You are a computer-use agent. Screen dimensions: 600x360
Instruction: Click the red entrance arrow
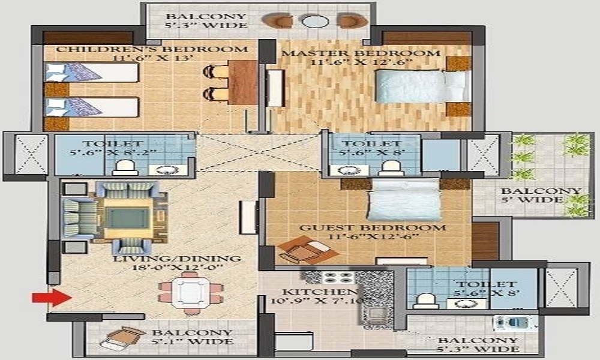point(52,297)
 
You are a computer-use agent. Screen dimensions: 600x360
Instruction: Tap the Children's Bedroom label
point(152,49)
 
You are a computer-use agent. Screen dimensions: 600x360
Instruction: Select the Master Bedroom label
point(361,53)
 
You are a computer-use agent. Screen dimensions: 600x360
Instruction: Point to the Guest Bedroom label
point(373,227)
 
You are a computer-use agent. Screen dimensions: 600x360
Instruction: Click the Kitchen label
point(314,292)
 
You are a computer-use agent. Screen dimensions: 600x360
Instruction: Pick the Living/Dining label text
point(177,259)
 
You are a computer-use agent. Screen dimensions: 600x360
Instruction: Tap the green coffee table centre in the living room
point(127,218)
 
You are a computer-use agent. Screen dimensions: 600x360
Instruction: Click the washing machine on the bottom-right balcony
point(515,323)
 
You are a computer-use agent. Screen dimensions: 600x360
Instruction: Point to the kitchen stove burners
point(338,277)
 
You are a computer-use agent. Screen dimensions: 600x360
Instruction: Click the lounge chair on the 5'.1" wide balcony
point(122,337)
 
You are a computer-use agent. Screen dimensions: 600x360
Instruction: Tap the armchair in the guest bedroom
point(307,250)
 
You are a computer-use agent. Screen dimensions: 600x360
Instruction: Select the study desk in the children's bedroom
point(242,82)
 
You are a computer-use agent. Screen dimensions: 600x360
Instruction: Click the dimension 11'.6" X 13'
point(152,58)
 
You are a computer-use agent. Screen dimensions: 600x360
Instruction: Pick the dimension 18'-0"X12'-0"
point(177,268)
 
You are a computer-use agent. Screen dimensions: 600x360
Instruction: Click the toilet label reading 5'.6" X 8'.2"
point(113,152)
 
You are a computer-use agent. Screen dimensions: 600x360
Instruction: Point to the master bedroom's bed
point(422,86)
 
